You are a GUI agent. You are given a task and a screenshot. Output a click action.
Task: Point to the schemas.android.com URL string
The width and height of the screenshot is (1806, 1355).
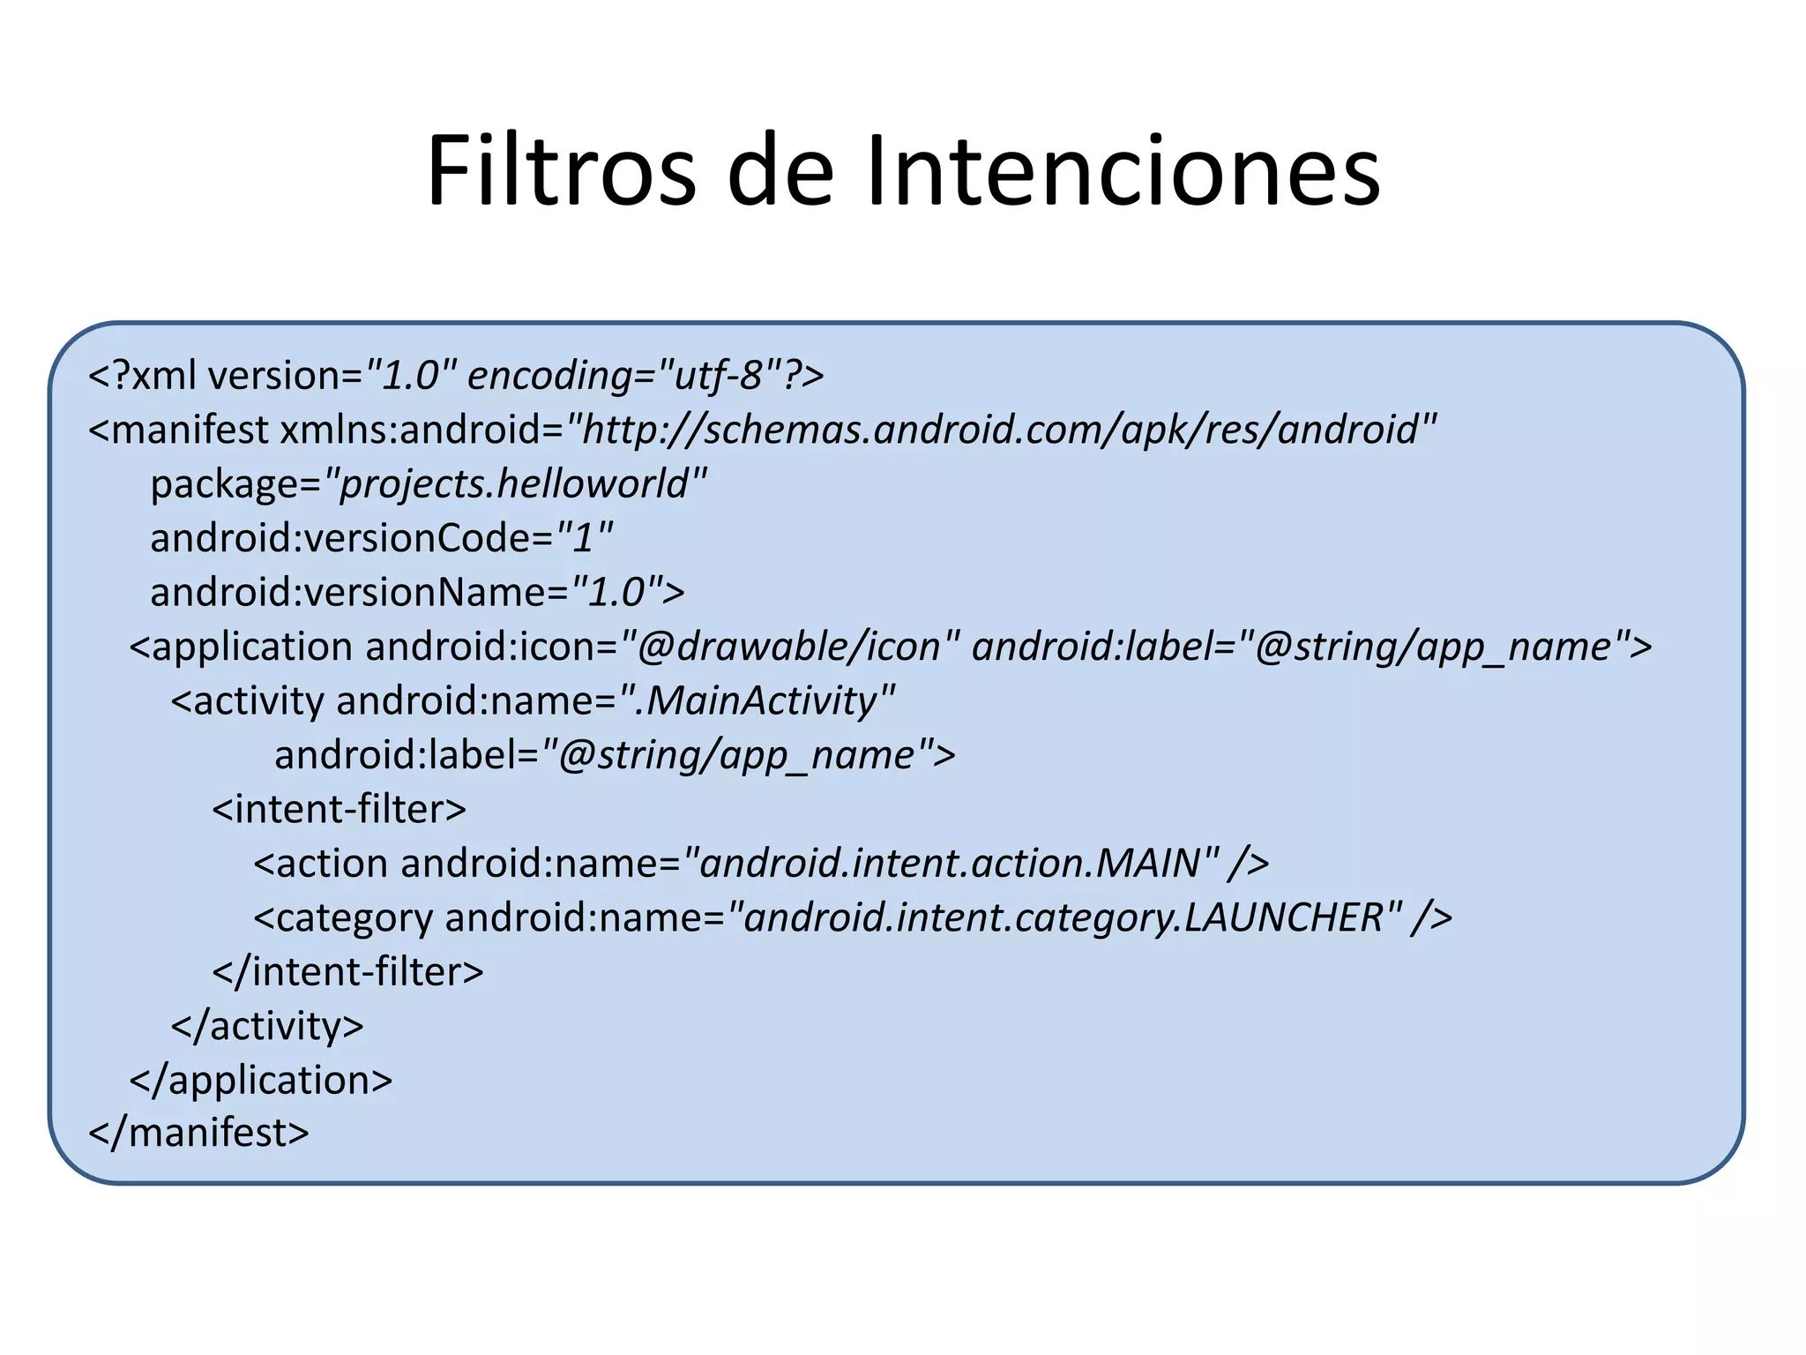click(x=1001, y=430)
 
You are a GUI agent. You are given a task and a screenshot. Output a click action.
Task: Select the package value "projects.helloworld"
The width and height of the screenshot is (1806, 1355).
click(x=516, y=484)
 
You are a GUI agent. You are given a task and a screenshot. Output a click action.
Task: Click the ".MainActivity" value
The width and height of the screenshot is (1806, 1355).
click(x=757, y=701)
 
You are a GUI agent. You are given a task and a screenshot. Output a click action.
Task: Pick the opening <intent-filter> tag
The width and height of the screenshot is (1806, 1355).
click(x=339, y=809)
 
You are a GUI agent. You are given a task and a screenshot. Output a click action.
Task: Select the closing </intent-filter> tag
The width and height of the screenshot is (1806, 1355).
click(x=347, y=972)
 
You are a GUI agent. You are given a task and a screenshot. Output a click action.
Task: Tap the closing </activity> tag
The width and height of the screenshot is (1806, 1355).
click(x=267, y=1026)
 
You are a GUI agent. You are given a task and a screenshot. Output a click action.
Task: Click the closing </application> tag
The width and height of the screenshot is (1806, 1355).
click(x=261, y=1080)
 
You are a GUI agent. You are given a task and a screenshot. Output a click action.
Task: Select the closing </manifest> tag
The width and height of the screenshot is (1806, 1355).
click(x=199, y=1134)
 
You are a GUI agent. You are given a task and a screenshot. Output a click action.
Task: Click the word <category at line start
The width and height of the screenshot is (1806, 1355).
click(x=343, y=917)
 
